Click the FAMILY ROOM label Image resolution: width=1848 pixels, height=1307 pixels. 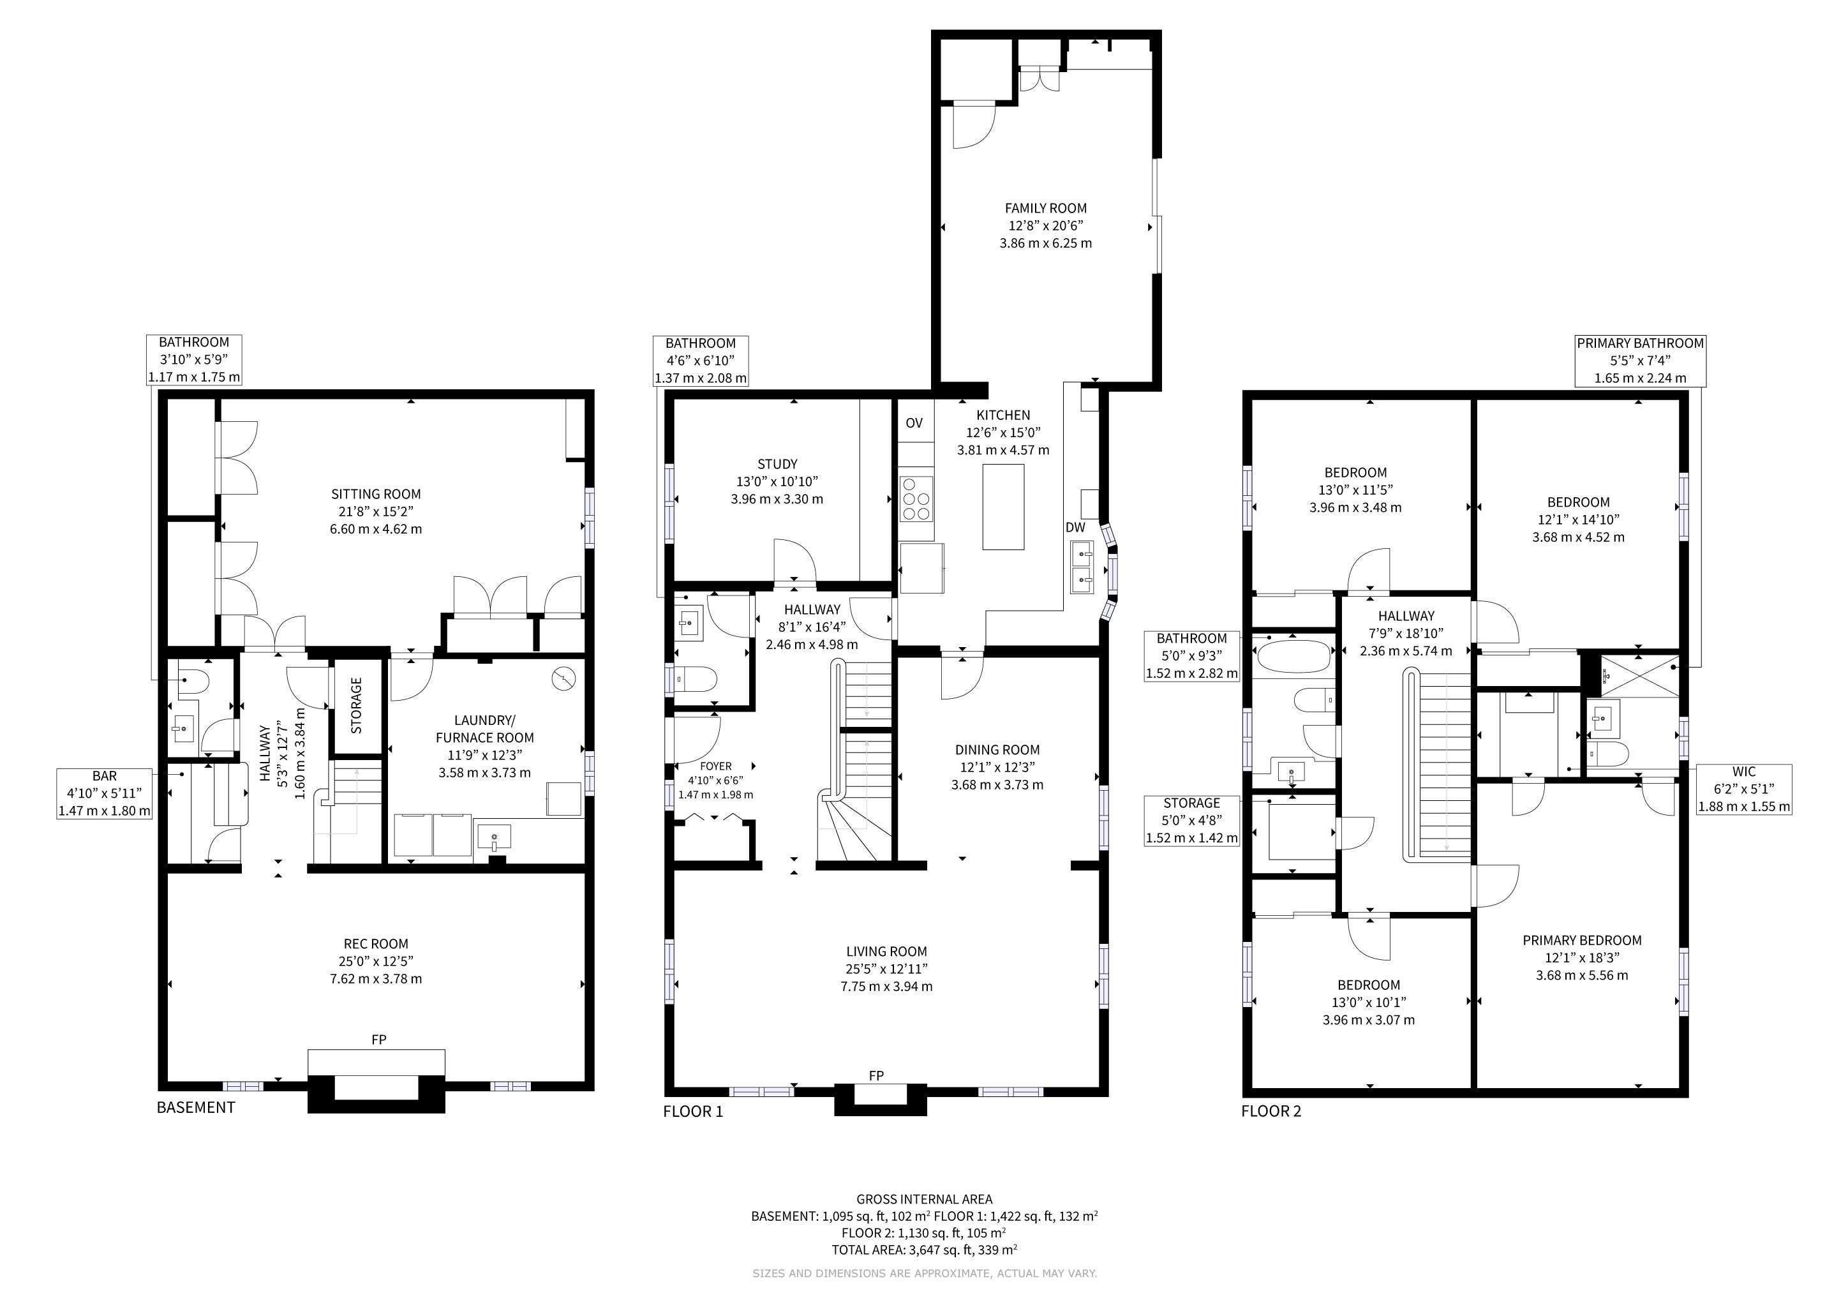tap(1045, 209)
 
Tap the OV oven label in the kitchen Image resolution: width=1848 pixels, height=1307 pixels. tap(914, 423)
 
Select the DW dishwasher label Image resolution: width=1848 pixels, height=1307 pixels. tap(1075, 528)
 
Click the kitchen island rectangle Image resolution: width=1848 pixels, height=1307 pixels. tap(1004, 507)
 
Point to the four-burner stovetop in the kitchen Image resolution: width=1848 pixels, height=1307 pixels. tap(916, 499)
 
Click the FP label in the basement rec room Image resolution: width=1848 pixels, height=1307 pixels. tap(379, 1040)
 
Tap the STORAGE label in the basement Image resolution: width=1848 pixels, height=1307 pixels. tap(357, 705)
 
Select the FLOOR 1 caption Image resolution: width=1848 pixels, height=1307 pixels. tap(693, 1112)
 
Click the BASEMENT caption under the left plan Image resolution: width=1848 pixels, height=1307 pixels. tap(196, 1107)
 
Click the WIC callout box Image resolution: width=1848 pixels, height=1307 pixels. tap(1744, 789)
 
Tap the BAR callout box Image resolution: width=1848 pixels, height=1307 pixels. tap(105, 793)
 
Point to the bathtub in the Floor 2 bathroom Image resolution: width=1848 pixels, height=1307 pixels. tap(1292, 657)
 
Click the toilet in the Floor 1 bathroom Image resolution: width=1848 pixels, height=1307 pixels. tap(696, 679)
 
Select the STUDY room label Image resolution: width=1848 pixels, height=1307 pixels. tap(777, 465)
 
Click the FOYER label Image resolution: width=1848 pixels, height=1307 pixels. tap(715, 766)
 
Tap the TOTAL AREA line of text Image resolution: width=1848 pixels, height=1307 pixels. tap(925, 1250)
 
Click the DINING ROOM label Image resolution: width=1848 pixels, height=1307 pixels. tap(997, 749)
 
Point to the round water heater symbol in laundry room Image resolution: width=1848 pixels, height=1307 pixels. tap(564, 679)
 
